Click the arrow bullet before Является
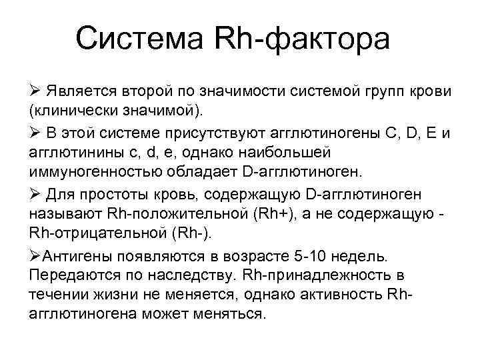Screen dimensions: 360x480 (35, 91)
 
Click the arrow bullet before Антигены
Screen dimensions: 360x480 (35, 257)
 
